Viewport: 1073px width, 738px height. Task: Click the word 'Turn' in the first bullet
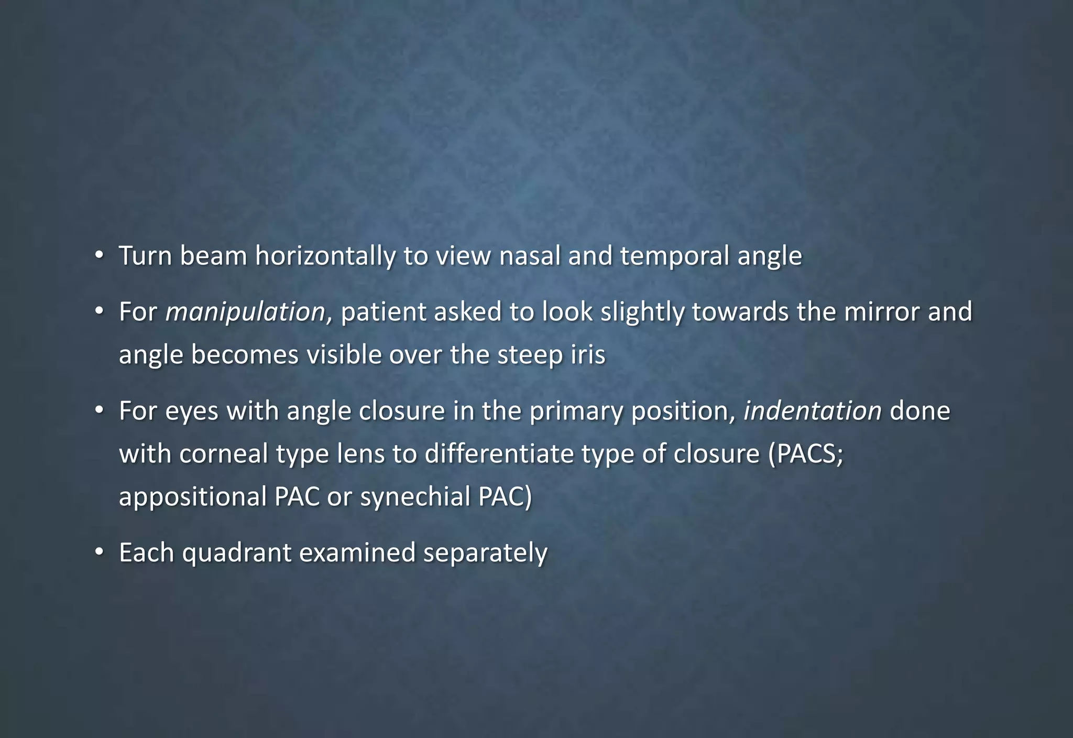[145, 256]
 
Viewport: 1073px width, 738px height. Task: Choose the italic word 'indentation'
[812, 411]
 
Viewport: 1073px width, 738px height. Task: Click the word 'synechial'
[415, 497]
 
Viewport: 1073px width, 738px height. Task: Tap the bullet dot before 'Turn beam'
[99, 256]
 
